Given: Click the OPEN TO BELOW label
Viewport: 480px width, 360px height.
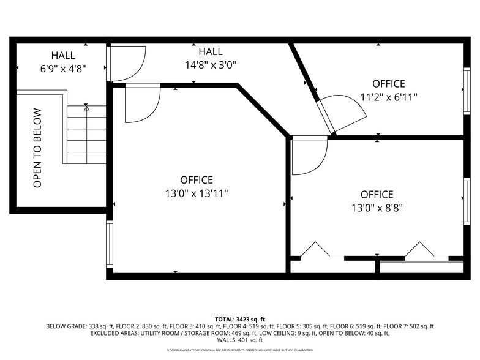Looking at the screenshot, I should coord(37,148).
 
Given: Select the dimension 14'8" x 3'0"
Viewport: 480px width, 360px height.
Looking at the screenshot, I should coord(211,64).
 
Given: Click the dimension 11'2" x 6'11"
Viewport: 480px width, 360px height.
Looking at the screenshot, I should coord(389,97).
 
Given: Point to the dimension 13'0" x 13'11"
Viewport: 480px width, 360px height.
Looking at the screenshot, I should coord(197,193).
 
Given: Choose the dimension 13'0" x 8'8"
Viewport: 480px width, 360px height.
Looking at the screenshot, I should coord(377,207).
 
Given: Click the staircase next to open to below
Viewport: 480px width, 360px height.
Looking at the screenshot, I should coord(86,135).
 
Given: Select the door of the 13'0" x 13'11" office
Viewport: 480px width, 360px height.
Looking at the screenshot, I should coord(141,103).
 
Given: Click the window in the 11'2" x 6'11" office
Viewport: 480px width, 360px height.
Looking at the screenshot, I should coord(467,91).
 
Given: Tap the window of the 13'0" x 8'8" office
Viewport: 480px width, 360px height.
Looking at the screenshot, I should coord(467,201).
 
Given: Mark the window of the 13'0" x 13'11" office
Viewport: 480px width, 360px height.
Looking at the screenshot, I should coord(110,244).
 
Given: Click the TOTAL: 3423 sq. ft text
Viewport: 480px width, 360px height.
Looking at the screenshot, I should coord(240,319).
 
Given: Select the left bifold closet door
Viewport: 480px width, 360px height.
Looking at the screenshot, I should coord(316,250).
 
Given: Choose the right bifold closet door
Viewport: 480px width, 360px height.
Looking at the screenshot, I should coord(421,250).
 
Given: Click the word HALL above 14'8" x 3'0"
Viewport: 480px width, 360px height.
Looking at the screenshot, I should coord(211,52).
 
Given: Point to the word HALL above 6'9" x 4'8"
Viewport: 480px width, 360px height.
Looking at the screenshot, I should coord(64,55).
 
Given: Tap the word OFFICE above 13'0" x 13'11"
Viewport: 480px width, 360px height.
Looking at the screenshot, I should coord(197,180).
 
